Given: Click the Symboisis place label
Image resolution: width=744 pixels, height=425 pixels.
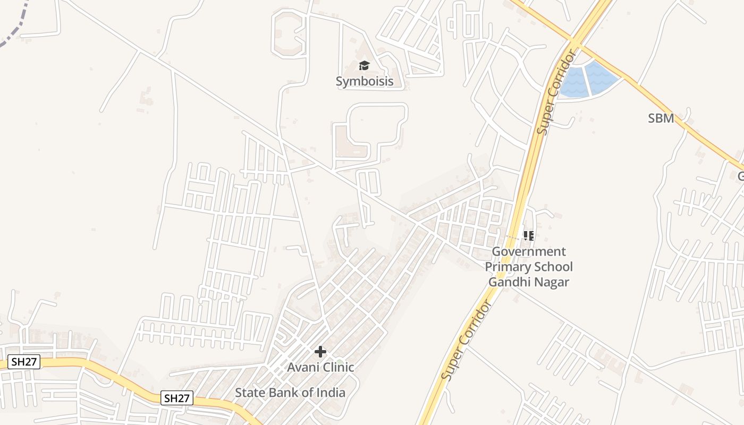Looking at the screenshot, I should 365,81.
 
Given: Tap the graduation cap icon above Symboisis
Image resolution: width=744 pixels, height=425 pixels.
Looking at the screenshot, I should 364,66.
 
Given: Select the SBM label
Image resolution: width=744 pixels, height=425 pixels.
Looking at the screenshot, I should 661,118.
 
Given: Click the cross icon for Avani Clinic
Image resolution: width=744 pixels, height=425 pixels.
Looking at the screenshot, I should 320,352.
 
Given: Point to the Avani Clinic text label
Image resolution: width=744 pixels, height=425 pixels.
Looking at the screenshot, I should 320,367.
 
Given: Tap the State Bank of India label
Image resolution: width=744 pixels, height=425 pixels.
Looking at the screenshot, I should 290,393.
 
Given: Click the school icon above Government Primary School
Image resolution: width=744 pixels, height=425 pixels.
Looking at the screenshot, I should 528,235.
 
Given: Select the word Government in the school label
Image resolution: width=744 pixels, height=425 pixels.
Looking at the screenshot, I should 529,251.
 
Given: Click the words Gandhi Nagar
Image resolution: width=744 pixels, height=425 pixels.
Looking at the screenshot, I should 529,282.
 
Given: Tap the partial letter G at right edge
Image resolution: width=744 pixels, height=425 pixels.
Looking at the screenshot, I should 740,176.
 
